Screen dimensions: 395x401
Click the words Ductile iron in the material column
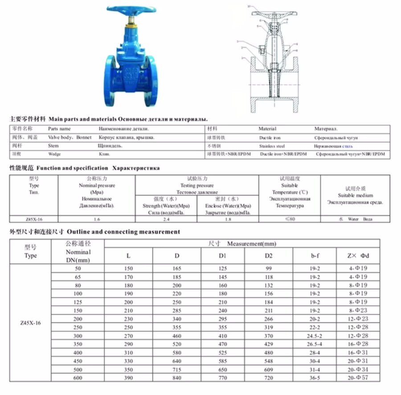270,138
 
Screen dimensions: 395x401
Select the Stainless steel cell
272,146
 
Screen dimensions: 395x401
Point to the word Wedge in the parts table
54,154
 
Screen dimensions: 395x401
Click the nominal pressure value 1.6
97,219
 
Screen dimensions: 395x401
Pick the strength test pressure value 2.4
166,219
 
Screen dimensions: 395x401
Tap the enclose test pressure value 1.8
228,219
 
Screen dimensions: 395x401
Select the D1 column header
225,255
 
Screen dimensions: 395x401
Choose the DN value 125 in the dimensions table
78,302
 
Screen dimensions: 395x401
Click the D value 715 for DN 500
177,370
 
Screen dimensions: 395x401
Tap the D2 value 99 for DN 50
269,268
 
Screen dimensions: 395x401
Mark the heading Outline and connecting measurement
123,232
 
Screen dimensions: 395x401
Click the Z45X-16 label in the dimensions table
31,323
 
